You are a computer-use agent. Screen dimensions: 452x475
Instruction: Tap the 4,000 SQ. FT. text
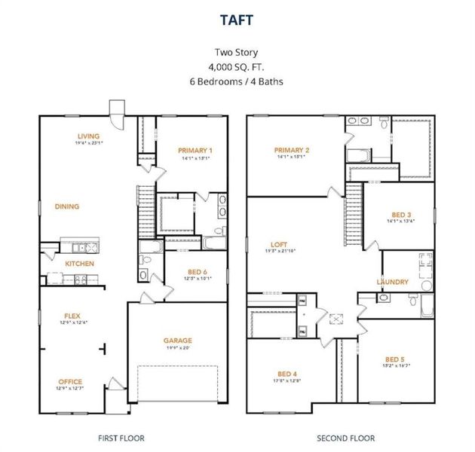point(237,66)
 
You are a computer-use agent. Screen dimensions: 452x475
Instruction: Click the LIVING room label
point(88,136)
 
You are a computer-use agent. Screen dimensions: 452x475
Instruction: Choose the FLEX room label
point(72,316)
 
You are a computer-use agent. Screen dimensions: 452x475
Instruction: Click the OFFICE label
point(70,381)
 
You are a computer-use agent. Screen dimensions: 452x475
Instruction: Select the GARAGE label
point(178,340)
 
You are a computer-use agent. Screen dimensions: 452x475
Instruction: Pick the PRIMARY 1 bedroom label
point(195,151)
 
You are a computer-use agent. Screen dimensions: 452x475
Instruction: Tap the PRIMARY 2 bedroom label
point(293,150)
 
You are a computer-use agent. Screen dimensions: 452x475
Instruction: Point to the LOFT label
point(278,244)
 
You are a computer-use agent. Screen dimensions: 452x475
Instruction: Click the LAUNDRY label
point(393,282)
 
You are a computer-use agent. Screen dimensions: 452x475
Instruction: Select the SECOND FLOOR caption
point(345,438)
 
